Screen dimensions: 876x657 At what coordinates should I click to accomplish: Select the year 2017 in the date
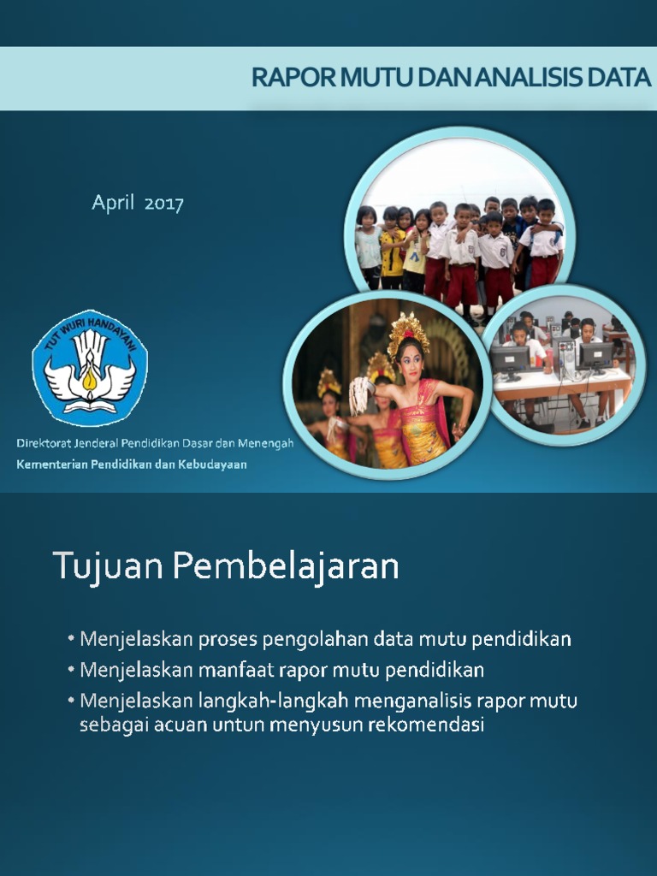(163, 204)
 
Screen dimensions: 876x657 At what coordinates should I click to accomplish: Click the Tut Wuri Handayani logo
(90, 368)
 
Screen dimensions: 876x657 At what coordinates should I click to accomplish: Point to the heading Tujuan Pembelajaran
(226, 566)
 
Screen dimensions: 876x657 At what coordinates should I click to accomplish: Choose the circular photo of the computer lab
(563, 359)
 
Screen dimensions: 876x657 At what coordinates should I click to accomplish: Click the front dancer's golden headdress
(409, 330)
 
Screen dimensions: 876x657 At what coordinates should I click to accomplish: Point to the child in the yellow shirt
(392, 248)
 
